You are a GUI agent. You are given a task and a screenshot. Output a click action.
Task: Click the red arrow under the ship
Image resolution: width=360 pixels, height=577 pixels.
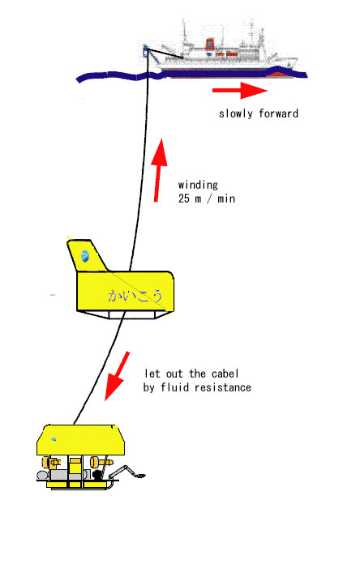point(240,90)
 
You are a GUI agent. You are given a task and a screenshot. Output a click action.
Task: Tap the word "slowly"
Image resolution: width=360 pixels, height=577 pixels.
point(236,113)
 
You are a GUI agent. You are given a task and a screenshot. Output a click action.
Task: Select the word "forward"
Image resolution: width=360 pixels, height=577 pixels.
point(278,113)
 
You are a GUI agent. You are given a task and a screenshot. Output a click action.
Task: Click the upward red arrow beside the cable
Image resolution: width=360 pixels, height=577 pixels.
point(159,170)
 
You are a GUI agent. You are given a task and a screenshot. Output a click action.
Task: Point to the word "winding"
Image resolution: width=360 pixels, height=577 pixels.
point(198,185)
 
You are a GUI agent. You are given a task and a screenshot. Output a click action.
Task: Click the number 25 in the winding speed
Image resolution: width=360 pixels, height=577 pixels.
point(184,199)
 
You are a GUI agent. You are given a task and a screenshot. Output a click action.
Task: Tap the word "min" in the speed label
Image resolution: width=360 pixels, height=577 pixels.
point(226,199)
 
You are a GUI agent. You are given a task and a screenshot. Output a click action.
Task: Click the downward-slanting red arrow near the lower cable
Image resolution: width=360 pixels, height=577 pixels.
point(117,376)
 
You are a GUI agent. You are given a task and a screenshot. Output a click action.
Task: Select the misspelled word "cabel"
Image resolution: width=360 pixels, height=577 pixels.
point(225,374)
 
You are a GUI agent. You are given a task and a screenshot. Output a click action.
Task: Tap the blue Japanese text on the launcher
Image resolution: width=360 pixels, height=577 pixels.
point(135,296)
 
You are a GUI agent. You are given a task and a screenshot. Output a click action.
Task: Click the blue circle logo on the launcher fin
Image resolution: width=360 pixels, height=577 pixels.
point(85,256)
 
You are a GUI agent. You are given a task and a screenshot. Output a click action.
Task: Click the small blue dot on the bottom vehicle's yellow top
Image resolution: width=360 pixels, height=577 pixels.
point(54,438)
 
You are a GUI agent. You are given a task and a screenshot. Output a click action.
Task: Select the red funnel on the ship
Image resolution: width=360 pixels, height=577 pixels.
point(210,45)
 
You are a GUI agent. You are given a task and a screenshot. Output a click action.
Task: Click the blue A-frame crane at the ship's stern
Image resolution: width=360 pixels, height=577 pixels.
point(145,52)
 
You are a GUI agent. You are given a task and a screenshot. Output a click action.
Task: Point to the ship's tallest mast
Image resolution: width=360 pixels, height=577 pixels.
point(184,34)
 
